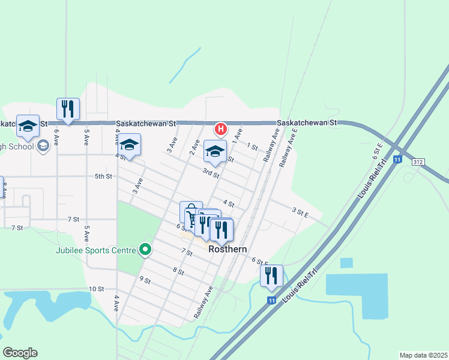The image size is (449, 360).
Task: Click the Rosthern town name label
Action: pyautogui.click(x=228, y=249)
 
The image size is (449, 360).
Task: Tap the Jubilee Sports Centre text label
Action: pyautogui.click(x=95, y=250)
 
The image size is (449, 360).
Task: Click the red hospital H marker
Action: pyautogui.click(x=220, y=128)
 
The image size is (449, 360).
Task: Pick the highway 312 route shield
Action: pyautogui.click(x=418, y=162)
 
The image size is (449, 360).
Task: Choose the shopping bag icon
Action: pyautogui.click(x=190, y=212)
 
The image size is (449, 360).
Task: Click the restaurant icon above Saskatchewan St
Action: pyautogui.click(x=68, y=109)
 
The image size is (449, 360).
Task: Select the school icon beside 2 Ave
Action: pyautogui.click(x=215, y=151)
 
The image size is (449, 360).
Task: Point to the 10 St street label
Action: pyautogui.click(x=96, y=289)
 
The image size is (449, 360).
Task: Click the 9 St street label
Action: pyautogui.click(x=145, y=280)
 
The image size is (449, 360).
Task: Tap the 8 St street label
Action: pyautogui.click(x=178, y=271)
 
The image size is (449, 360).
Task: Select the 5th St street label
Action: pyautogui.click(x=103, y=176)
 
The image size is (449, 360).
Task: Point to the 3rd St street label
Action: pyautogui.click(x=210, y=173)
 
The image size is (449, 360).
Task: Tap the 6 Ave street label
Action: pyautogui.click(x=56, y=139)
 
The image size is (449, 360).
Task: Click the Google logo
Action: pyautogui.click(x=20, y=353)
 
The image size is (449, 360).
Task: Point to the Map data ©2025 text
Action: pyautogui.click(x=423, y=355)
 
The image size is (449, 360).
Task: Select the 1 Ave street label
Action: pyautogui.click(x=237, y=134)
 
